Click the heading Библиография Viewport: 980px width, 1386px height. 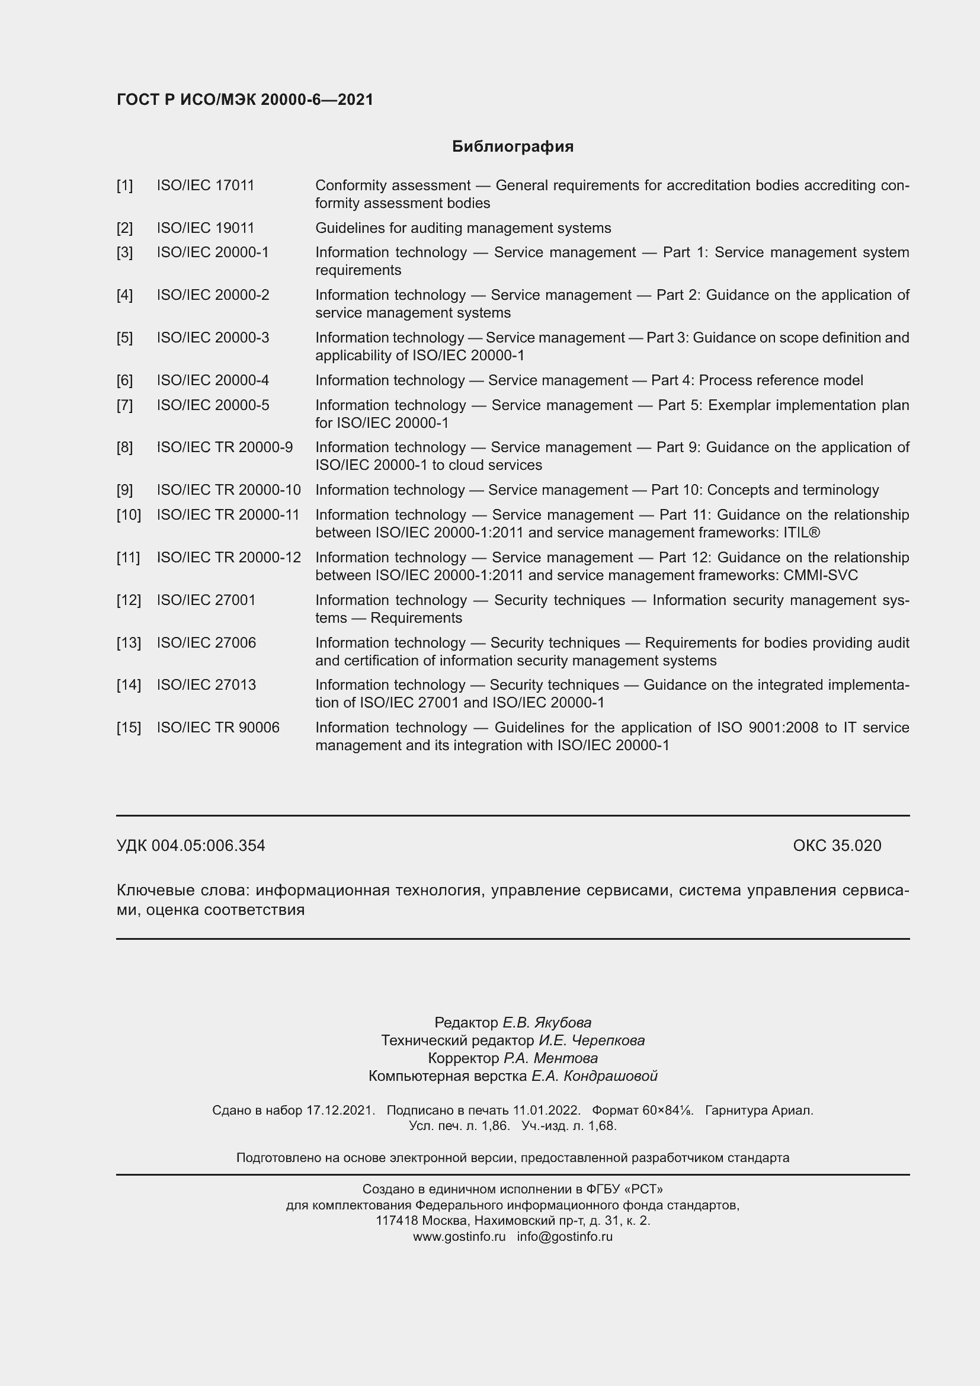click(513, 147)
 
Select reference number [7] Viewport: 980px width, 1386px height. click(124, 405)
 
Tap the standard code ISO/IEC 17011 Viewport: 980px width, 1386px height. click(205, 185)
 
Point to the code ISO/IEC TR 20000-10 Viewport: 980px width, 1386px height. click(229, 489)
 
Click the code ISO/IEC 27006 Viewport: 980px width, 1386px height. click(206, 642)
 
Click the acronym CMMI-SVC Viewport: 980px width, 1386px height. click(820, 575)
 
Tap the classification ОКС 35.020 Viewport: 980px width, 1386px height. click(837, 845)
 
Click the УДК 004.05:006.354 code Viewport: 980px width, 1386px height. click(191, 845)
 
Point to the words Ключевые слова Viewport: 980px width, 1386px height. click(182, 891)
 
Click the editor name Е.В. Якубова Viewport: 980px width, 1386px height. click(547, 1023)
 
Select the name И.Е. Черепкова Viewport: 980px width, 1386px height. click(591, 1040)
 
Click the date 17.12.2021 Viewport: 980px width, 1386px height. click(340, 1110)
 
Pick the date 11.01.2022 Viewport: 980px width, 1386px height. click(546, 1110)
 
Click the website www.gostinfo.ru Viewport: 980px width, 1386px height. click(459, 1236)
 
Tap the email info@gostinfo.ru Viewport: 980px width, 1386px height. click(564, 1236)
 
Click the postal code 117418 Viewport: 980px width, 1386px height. click(396, 1221)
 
